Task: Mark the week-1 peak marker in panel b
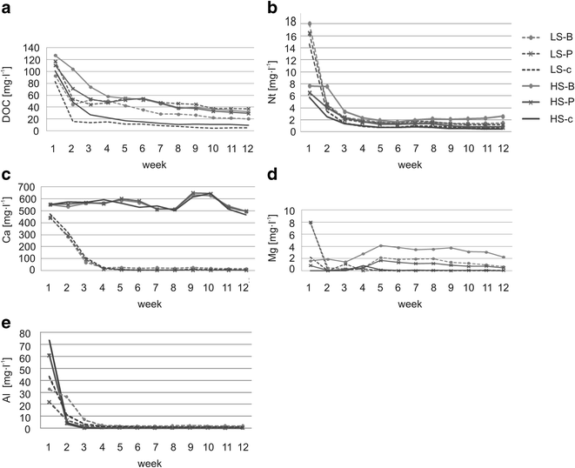(x=334, y=23)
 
